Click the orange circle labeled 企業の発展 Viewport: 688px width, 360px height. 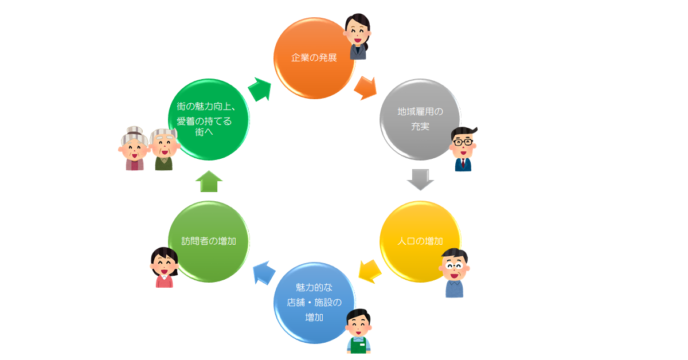tap(314, 58)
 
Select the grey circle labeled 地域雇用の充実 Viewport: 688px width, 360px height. tap(420, 119)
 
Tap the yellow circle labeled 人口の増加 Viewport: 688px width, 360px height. tap(420, 241)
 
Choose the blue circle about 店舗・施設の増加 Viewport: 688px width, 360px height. tap(314, 303)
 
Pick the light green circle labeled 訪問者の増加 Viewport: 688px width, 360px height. tap(209, 241)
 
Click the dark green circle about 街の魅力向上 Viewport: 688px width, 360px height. tap(209, 119)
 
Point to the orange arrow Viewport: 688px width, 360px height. tap(366, 88)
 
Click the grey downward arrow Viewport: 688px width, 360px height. tap(420, 179)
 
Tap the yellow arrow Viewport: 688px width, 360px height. tap(370, 271)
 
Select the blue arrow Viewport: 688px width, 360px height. tap(264, 273)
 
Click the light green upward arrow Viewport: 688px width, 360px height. tap(209, 181)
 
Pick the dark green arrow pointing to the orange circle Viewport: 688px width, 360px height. tap(260, 89)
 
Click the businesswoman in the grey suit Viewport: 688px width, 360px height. tap(358, 36)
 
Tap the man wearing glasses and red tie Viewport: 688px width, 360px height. tap(463, 149)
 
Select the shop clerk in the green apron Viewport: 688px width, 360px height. tap(358, 331)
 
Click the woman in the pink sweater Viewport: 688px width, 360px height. tap(165, 267)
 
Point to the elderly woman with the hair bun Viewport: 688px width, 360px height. tap(134, 148)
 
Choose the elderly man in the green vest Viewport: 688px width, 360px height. tap(164, 150)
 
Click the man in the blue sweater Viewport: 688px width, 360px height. tap(454, 273)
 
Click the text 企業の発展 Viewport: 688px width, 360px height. tap(314, 58)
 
